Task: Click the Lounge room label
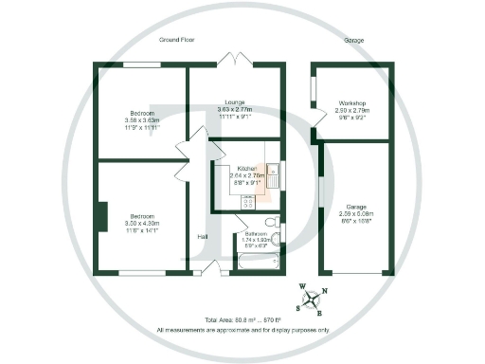[x=236, y=101]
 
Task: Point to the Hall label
[x=202, y=236]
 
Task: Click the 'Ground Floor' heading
[x=178, y=41]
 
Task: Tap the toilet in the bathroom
[x=272, y=225]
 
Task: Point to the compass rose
[x=311, y=298]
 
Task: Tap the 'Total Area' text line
[x=242, y=321]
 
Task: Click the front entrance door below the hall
[x=218, y=269]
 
